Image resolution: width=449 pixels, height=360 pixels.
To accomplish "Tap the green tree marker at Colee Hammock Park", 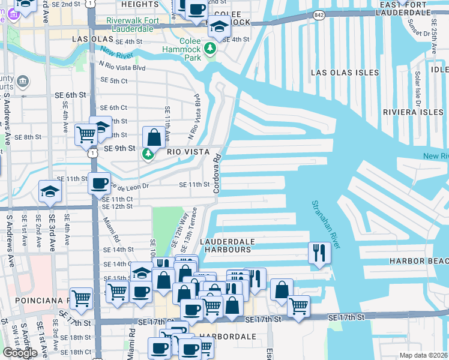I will [x=210, y=47].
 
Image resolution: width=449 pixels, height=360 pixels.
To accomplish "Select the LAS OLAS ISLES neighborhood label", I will [x=345, y=73].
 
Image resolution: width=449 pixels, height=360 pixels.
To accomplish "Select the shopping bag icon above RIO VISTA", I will [x=154, y=137].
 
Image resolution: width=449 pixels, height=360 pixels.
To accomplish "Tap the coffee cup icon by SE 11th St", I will [x=100, y=182].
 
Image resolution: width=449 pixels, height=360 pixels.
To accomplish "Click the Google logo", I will [x=19, y=353].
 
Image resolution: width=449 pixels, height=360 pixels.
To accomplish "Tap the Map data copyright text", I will [x=424, y=355].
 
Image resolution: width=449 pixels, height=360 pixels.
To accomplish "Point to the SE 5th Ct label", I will [x=114, y=80].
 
